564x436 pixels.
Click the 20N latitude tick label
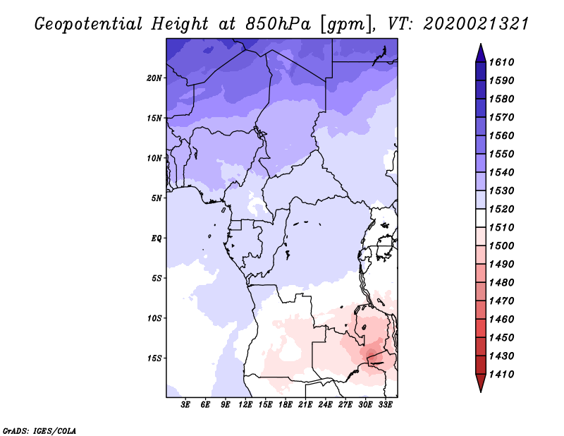coord(154,78)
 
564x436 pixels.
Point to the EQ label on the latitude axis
coord(156,238)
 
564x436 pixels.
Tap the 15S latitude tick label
coord(154,358)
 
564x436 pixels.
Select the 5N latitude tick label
coord(157,198)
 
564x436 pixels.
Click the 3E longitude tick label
coord(185,405)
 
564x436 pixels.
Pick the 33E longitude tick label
coord(385,405)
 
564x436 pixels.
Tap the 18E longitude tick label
coord(286,405)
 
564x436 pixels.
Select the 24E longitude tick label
coord(325,405)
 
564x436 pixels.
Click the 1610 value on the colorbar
coord(501,62)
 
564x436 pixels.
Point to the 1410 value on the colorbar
coord(501,375)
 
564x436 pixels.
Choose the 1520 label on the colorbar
coord(501,209)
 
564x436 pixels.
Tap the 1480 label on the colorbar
coord(501,283)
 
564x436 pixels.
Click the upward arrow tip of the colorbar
coord(481,44)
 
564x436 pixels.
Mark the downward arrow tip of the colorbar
coord(481,392)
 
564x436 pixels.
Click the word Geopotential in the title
coord(89,25)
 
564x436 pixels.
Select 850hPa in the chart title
coord(278,24)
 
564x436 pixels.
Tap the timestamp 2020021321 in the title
coord(475,24)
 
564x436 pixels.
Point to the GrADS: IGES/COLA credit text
coord(39,431)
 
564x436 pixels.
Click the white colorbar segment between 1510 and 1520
coord(481,218)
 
